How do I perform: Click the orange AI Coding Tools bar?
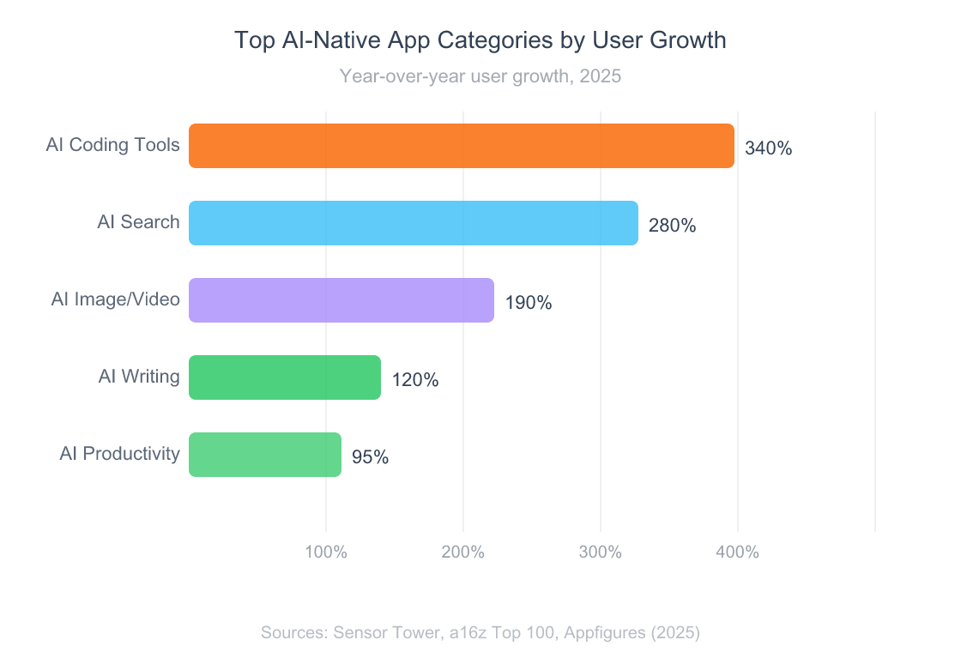tap(462, 146)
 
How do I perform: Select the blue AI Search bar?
tap(414, 223)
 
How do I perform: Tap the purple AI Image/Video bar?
tap(341, 300)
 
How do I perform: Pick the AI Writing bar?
tap(285, 377)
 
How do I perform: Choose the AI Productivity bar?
tap(265, 455)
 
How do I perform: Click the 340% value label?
tap(768, 148)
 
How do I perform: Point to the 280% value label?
tap(672, 226)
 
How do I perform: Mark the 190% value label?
tap(528, 303)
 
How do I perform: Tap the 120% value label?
tap(415, 380)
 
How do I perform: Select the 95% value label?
tap(370, 457)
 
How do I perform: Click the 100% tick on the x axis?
tap(326, 552)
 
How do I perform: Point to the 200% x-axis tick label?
tap(463, 552)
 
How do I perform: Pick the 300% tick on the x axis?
tap(601, 552)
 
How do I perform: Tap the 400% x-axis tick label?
tap(738, 552)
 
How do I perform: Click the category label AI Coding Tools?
tap(113, 145)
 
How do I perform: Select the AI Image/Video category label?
tap(116, 299)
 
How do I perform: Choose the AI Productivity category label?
tap(120, 454)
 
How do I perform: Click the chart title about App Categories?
tap(480, 40)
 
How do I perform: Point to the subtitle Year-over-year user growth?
tap(480, 76)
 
